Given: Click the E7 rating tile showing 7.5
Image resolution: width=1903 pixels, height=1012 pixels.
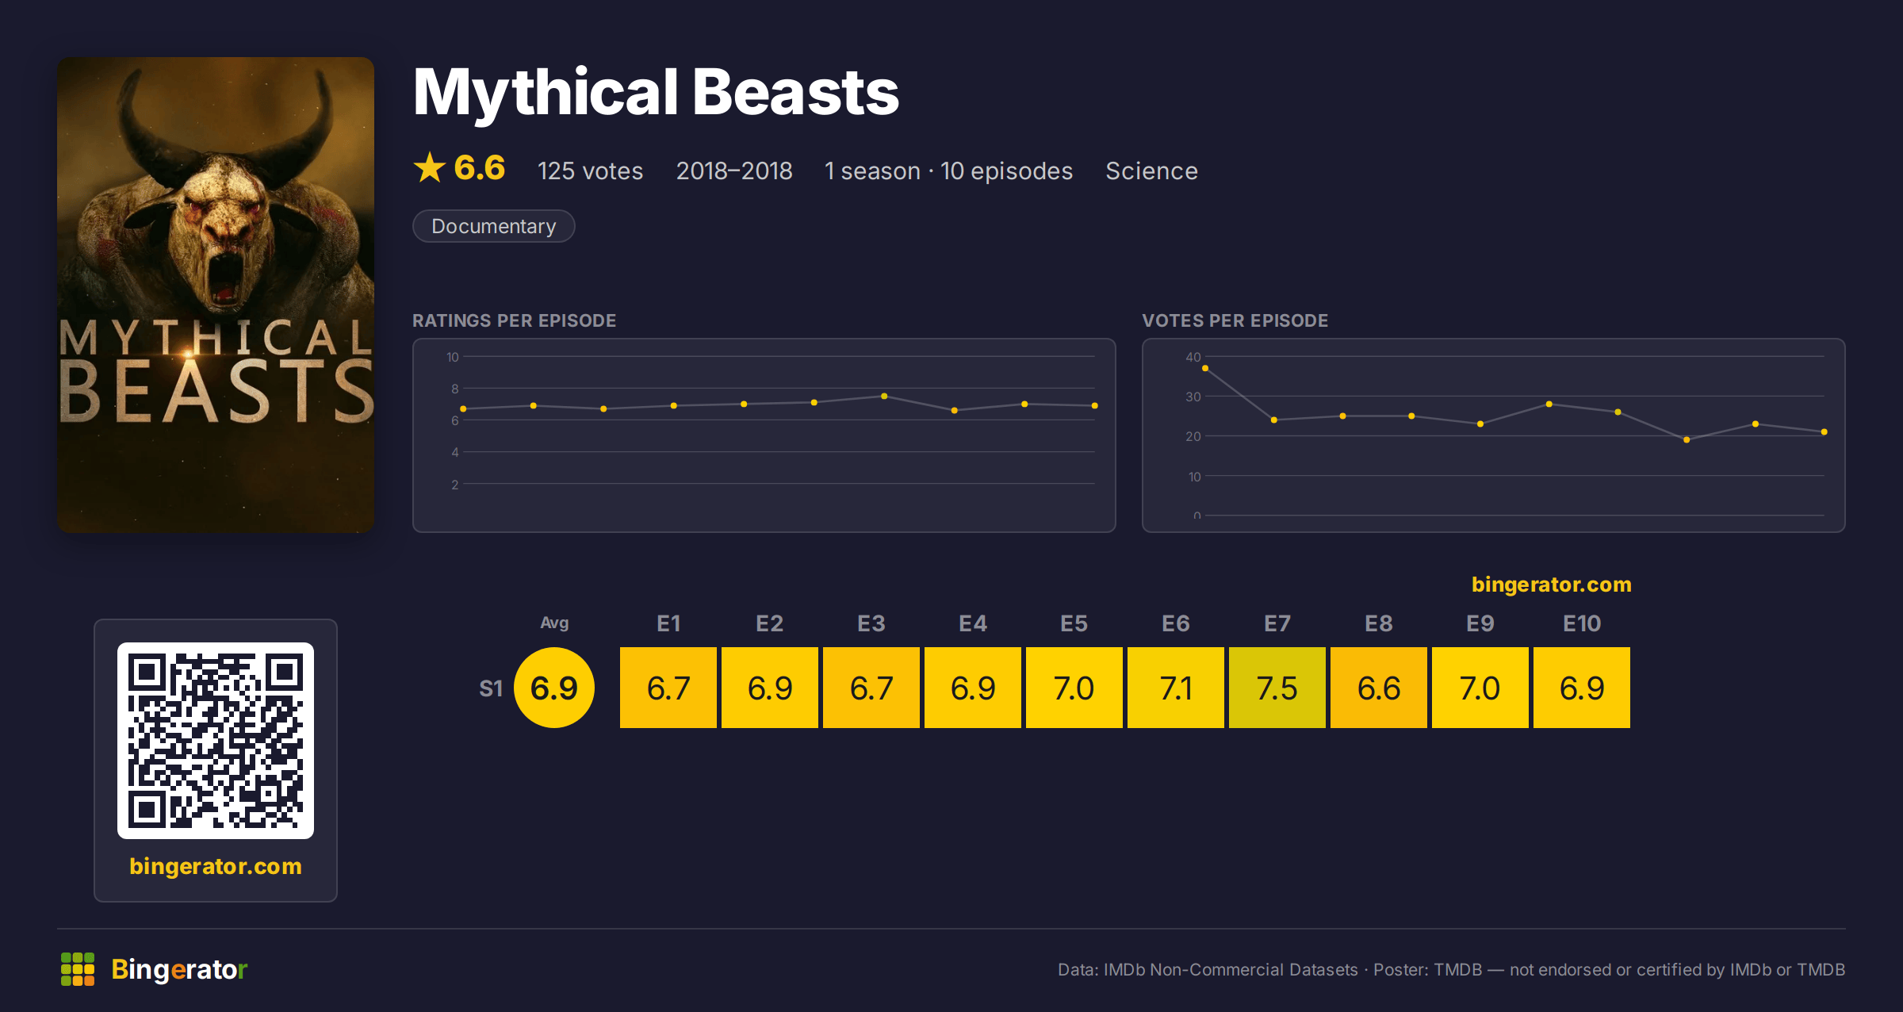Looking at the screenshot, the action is tap(1277, 688).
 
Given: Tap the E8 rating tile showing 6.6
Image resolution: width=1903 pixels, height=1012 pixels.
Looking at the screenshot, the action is tap(1378, 688).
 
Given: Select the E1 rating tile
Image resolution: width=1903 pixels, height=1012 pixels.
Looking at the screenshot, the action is tap(668, 688).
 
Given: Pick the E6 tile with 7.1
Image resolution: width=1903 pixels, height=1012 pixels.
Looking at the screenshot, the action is tap(1175, 688).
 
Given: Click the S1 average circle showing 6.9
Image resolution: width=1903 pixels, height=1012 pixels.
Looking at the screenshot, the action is tap(554, 688).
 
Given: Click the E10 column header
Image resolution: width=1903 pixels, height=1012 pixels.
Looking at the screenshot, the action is tap(1582, 623).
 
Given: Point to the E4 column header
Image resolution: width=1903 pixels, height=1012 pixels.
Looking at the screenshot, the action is tap(973, 623).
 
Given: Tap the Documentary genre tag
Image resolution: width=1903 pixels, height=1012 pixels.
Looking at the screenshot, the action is tap(493, 226).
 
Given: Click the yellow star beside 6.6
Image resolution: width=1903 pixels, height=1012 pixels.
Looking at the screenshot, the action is tap(430, 167).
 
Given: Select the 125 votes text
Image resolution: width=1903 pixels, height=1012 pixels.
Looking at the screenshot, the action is tap(590, 171).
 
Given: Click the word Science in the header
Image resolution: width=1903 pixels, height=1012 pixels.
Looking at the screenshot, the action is tap(1151, 171).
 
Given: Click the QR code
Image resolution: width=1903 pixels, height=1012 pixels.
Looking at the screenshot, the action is tap(216, 741).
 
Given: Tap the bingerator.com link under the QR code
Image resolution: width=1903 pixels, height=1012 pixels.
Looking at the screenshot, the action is tap(216, 866).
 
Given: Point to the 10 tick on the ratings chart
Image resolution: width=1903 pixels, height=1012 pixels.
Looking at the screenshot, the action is tap(453, 357).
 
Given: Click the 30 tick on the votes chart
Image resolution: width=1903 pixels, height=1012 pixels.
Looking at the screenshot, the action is tap(1193, 397).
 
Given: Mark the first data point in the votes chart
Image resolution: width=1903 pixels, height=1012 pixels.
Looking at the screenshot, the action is tap(1205, 368).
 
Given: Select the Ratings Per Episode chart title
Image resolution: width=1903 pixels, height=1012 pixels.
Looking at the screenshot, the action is tap(514, 320).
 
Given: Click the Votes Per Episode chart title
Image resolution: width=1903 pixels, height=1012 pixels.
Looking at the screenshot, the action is tap(1235, 320).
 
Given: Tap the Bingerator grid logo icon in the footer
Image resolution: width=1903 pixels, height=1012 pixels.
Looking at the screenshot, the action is tap(78, 969).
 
